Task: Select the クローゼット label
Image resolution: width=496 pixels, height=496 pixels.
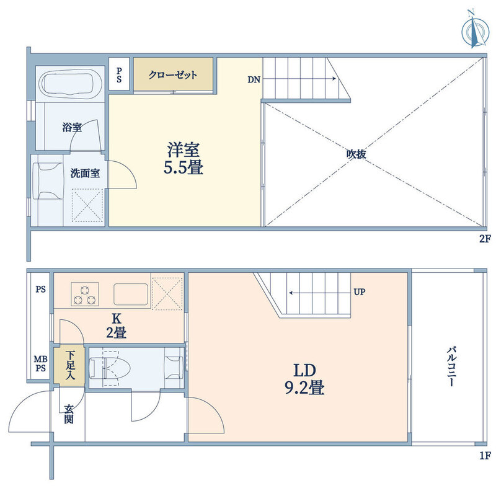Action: (x=173, y=75)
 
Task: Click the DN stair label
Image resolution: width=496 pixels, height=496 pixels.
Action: (x=254, y=80)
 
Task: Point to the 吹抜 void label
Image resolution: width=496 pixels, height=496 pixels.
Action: (x=356, y=154)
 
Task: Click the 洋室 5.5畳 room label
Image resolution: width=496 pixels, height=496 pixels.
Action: (x=184, y=159)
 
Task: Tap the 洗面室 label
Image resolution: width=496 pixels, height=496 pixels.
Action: (x=85, y=173)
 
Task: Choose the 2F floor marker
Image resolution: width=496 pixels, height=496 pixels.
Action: (x=485, y=239)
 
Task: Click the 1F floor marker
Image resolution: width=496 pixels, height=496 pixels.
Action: (x=485, y=456)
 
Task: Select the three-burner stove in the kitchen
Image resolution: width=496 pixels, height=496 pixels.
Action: (x=85, y=294)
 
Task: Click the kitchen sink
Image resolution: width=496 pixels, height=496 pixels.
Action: (x=131, y=294)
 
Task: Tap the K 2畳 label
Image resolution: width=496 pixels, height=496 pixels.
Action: (x=117, y=326)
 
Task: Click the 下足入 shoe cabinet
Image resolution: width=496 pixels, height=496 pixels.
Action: (x=69, y=366)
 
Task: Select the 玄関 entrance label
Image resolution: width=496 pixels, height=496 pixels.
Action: (x=69, y=414)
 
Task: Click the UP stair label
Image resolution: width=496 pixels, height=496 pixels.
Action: (x=360, y=291)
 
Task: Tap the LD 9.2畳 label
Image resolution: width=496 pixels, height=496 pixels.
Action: (x=304, y=379)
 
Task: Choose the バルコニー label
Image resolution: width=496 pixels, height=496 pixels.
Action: (x=451, y=366)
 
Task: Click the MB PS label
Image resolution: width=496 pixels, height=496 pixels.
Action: (x=40, y=364)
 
